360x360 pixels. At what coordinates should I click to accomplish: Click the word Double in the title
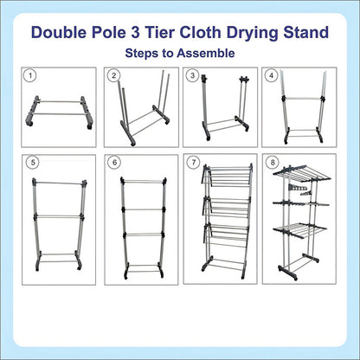59,32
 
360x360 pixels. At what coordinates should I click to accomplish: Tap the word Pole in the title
109,32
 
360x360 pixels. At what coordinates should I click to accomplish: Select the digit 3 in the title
135,32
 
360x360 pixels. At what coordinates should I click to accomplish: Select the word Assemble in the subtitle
206,54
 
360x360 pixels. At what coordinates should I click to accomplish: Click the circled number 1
31,76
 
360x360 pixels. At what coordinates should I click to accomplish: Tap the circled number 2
113,75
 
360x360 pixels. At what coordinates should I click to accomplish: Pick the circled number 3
193,75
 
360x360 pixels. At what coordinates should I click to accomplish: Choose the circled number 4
271,75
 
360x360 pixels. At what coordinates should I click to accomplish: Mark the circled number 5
33,163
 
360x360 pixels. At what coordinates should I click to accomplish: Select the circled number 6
115,163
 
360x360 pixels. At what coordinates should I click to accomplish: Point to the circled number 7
193,163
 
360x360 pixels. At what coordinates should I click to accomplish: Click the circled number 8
273,163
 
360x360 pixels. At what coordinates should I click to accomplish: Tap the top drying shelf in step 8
302,173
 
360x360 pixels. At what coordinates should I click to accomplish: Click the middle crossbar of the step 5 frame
59,216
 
